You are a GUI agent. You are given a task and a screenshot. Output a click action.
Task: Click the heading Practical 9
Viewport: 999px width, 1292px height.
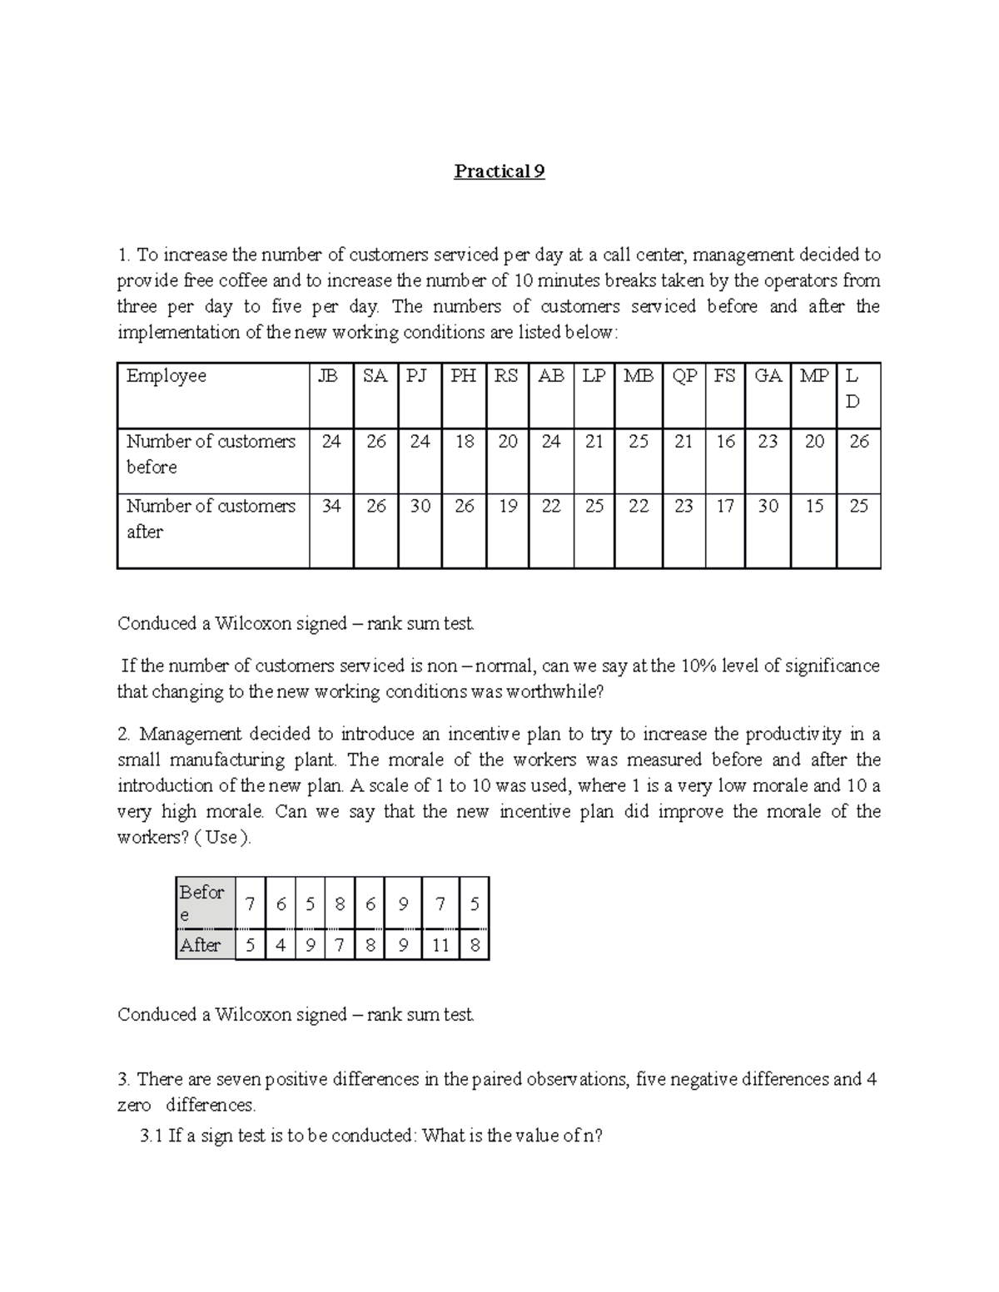click(499, 172)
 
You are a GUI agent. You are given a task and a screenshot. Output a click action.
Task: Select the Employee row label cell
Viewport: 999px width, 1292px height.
click(166, 376)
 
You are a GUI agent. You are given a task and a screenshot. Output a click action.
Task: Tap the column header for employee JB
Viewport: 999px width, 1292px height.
click(331, 376)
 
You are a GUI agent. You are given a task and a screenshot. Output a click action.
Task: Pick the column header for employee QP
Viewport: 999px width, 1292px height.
click(683, 376)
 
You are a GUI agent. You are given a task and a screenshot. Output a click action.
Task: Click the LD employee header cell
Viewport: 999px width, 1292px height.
click(852, 389)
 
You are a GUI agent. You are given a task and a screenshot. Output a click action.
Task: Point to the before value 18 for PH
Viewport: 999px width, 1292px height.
click(464, 442)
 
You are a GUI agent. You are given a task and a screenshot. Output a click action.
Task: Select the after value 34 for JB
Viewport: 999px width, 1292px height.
click(331, 507)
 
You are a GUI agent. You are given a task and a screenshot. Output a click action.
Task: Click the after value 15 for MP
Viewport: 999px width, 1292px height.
click(813, 507)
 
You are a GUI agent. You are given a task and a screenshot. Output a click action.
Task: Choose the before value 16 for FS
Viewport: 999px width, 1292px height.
click(725, 442)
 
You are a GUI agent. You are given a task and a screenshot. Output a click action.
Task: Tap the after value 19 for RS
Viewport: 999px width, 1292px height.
click(507, 507)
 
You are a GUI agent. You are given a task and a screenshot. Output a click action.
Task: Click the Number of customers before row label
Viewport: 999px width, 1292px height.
click(211, 454)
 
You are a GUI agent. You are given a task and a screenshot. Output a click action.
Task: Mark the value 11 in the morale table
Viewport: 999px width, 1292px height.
click(440, 946)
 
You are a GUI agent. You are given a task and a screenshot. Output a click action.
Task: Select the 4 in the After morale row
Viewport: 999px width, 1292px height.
click(281, 946)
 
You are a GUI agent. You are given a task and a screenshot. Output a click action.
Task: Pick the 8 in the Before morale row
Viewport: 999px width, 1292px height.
click(339, 904)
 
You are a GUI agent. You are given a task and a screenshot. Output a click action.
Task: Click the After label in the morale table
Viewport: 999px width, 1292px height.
click(200, 946)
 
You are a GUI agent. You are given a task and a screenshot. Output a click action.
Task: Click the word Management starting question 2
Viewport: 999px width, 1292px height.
click(186, 735)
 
